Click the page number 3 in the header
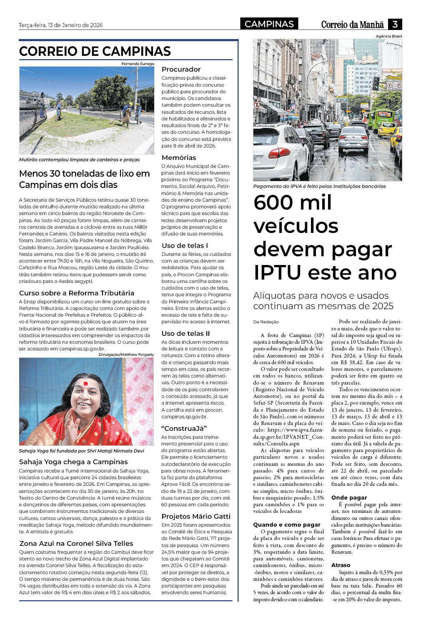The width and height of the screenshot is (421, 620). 395,24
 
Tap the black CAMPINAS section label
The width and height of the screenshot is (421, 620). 269,24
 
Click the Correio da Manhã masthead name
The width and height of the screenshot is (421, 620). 352,25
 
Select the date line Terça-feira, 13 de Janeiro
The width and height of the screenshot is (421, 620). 60,25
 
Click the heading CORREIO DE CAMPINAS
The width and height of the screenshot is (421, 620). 95,51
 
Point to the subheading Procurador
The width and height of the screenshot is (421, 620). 181,69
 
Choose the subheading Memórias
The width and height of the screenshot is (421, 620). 179,157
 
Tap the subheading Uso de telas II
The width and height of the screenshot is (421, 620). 185,333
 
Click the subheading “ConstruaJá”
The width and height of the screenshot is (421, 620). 184,428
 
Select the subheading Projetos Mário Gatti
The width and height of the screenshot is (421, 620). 196,516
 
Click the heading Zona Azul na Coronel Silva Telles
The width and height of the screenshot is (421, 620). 76,543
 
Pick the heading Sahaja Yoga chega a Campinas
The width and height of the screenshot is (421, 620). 73,462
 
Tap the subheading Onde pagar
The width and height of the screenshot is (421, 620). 349,497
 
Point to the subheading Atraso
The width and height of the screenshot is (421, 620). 341,565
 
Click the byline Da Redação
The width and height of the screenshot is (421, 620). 266,322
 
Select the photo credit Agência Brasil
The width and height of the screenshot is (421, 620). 388,36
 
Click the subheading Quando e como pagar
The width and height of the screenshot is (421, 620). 287,525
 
